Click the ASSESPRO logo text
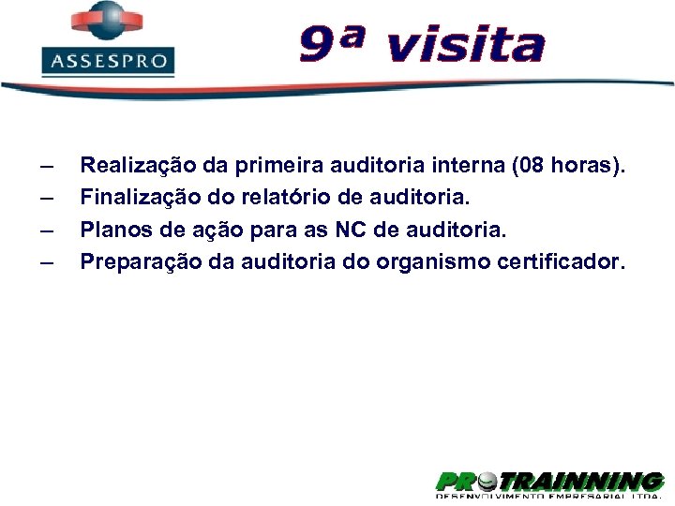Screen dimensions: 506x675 pos(108,62)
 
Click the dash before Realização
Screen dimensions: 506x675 pos(47,168)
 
